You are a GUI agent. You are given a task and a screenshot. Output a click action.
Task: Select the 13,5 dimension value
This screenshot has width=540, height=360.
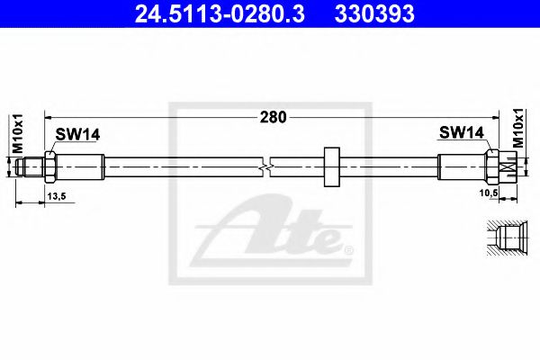56,195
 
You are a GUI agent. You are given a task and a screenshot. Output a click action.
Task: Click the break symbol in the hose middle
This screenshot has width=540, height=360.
264,166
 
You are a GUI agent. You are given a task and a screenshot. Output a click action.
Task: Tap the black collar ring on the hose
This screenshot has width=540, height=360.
331,166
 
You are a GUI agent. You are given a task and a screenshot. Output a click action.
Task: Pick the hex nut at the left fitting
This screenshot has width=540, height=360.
51,166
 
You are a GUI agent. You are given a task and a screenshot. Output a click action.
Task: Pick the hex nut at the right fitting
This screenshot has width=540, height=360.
491,166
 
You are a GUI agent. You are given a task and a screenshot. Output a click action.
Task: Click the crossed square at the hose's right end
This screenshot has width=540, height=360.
508,166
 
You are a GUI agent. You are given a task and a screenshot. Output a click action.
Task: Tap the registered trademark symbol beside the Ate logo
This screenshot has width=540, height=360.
349,247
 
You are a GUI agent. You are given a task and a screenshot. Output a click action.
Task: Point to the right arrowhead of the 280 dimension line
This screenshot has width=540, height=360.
496,116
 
